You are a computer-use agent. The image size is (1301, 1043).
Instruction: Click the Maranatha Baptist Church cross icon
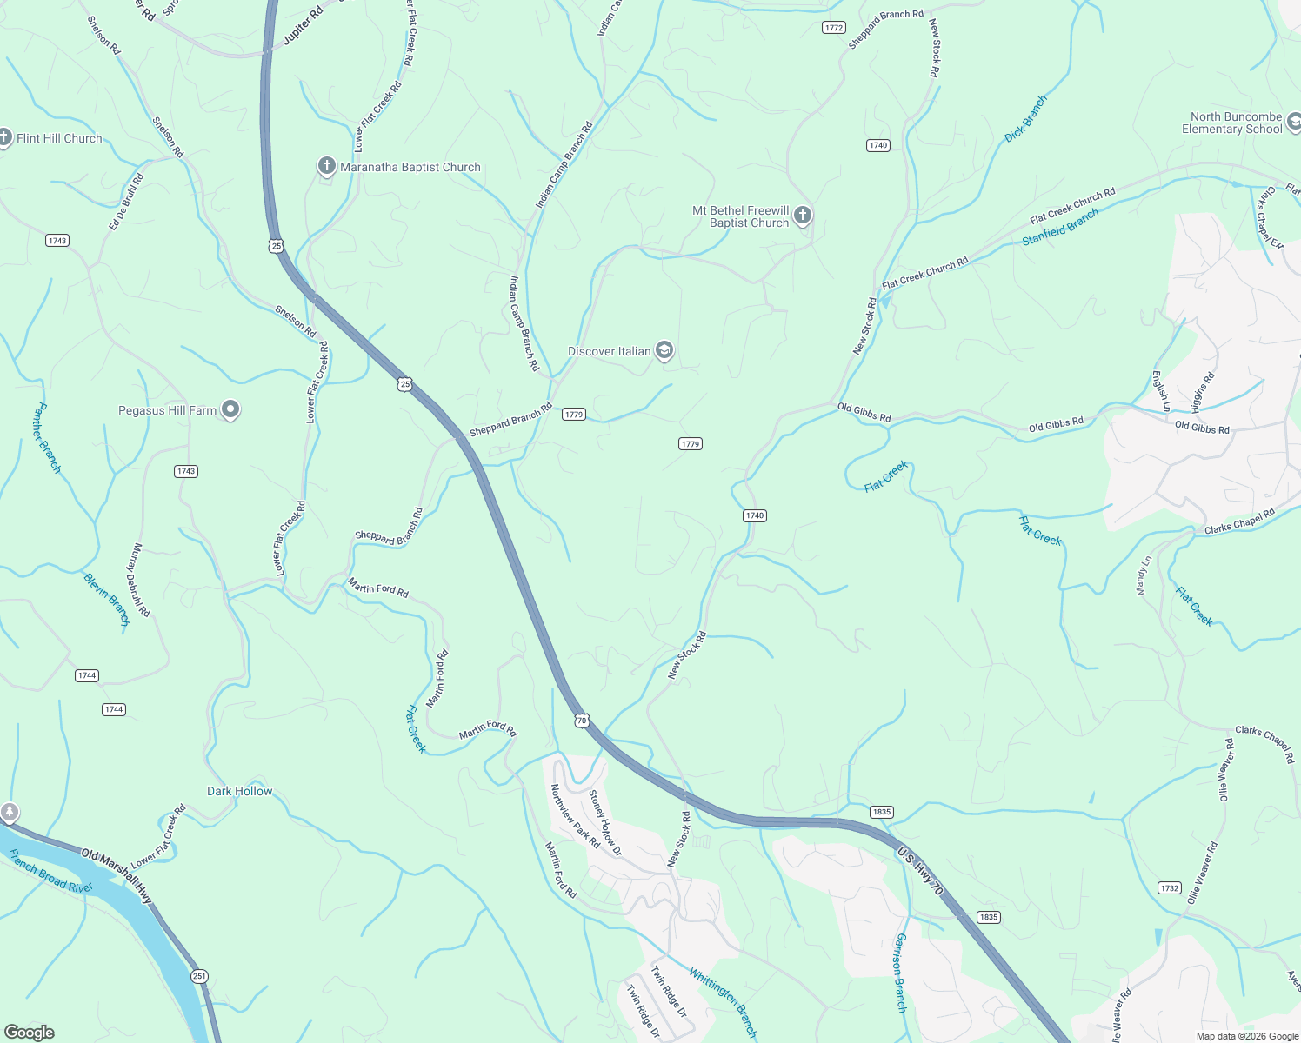(326, 167)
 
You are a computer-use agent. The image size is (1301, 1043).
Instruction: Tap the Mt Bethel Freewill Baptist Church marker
(803, 216)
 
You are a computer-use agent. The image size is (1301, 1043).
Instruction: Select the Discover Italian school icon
(664, 350)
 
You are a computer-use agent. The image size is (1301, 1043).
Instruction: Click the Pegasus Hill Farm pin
(230, 409)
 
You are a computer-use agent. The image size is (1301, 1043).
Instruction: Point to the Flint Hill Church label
(59, 138)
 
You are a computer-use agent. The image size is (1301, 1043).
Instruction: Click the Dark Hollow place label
(239, 791)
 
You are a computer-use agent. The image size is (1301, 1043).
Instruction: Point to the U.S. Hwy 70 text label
(920, 871)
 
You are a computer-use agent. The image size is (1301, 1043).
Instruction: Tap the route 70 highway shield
(582, 721)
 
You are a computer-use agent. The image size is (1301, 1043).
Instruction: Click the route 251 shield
(200, 976)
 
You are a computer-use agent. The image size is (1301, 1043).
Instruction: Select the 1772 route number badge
(833, 28)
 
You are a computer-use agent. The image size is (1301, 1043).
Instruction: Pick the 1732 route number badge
(1170, 887)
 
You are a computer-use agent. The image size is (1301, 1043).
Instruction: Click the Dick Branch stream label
(1026, 119)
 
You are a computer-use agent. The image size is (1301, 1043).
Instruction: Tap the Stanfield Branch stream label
(1060, 227)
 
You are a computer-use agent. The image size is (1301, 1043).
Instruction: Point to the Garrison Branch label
(901, 973)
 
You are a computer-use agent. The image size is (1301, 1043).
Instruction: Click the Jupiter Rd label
(303, 26)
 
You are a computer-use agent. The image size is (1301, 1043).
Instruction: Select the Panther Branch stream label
(48, 438)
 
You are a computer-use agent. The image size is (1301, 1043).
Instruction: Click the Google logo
(30, 1032)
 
